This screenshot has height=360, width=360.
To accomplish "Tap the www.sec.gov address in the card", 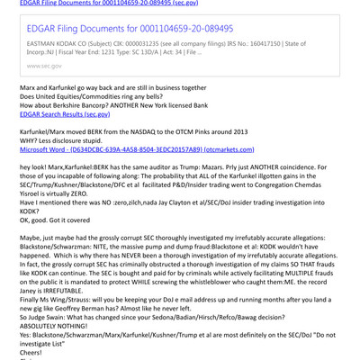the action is [x=44, y=66].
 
